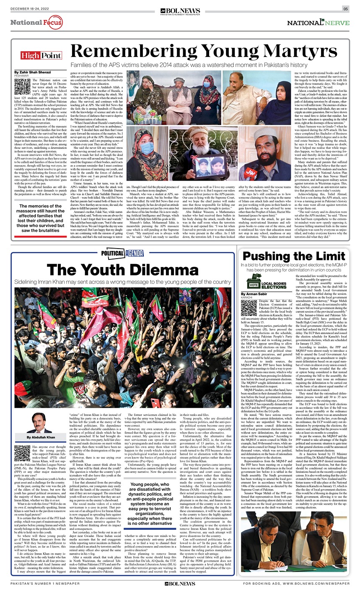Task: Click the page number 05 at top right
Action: [346, 9]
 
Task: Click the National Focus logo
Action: [36, 22]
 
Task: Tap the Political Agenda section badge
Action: [122, 253]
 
